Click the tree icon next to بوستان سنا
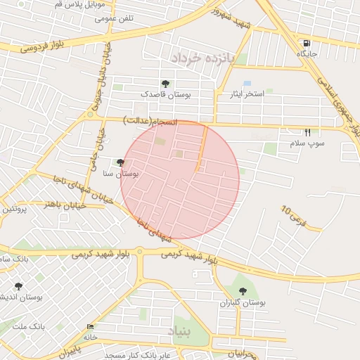click(x=121, y=162)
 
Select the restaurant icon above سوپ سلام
click(x=307, y=132)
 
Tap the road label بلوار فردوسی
click(x=42, y=47)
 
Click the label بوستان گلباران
click(x=243, y=303)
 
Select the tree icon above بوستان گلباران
click(x=243, y=291)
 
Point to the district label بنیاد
click(x=179, y=330)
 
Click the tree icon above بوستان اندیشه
click(x=18, y=286)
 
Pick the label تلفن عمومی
click(x=115, y=18)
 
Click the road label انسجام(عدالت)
click(x=149, y=121)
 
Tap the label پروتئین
click(x=14, y=209)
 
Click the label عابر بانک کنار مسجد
click(x=138, y=355)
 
